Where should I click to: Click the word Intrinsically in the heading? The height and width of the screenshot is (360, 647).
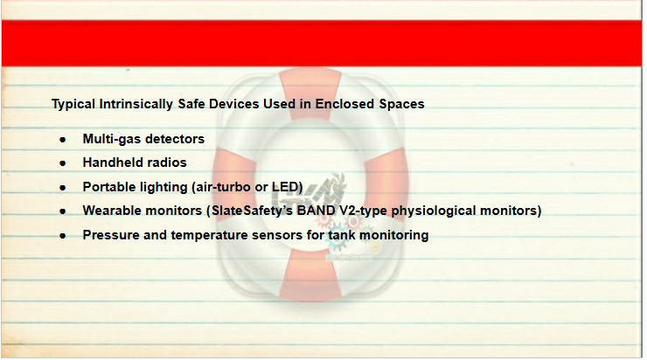136,104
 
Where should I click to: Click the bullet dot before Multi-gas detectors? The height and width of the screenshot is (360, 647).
63,140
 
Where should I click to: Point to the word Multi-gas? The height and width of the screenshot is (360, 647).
111,139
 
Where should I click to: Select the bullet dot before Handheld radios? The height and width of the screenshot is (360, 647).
63,163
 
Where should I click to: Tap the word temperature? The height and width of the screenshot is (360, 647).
209,235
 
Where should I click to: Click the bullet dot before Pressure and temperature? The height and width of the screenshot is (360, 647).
63,236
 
